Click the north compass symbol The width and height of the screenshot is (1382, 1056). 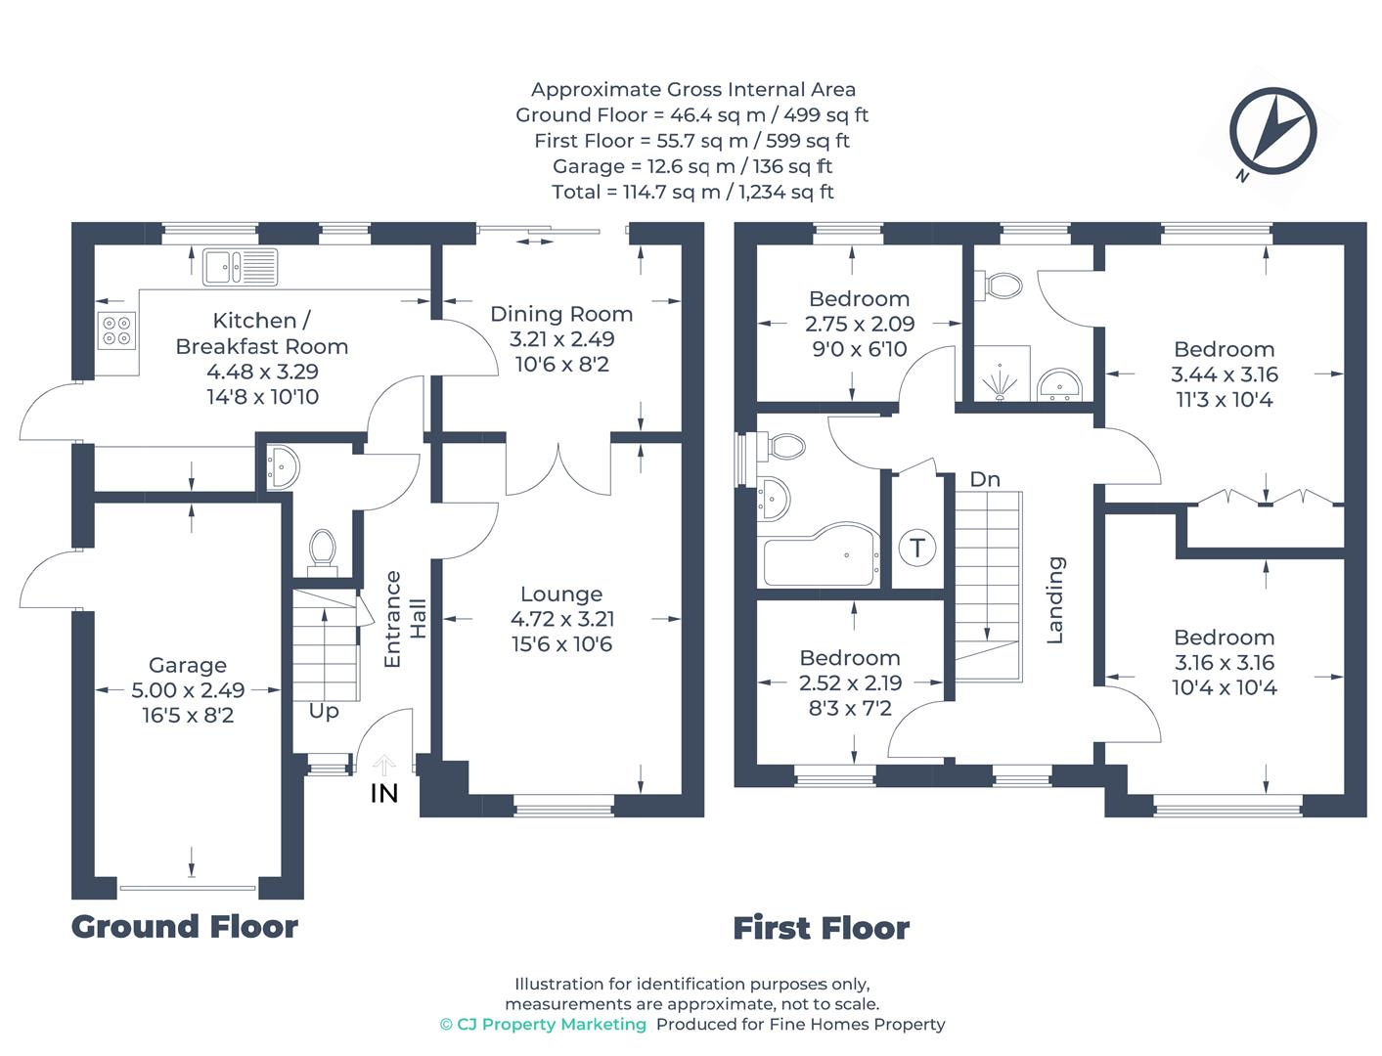[x=1272, y=130]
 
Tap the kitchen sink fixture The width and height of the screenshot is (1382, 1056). [x=240, y=266]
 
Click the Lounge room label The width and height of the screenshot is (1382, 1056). [x=561, y=594]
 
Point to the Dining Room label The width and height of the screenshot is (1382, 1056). [x=561, y=314]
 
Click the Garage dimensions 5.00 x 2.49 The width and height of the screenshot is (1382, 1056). [x=188, y=690]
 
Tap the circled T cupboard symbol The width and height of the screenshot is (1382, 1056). [x=917, y=548]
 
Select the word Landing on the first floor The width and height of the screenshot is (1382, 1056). [x=1055, y=600]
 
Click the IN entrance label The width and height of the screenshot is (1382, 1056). [x=384, y=794]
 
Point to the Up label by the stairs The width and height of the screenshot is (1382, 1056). [x=324, y=711]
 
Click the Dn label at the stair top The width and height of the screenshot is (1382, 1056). [x=985, y=479]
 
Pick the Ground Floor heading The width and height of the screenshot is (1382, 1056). [x=185, y=926]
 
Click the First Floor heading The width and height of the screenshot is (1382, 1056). [x=821, y=928]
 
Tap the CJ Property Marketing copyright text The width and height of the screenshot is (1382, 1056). [x=543, y=1024]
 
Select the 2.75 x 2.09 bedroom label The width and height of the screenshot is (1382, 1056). [x=859, y=324]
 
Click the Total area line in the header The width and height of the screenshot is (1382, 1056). [x=691, y=192]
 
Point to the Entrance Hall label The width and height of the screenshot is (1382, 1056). [x=405, y=619]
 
